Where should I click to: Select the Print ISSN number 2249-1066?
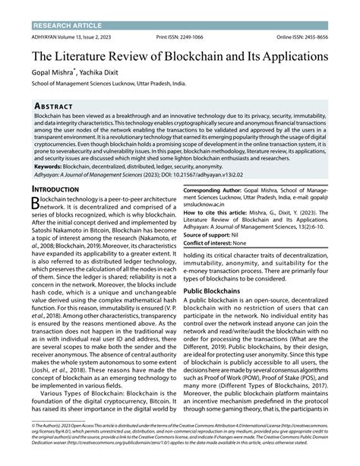(187, 36)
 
